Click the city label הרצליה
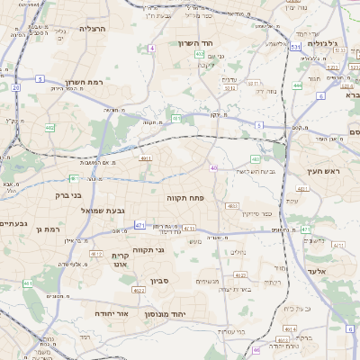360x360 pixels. click(93, 29)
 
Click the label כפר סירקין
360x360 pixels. click(256, 214)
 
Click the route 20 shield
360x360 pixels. click(16, 87)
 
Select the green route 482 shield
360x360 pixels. click(49, 129)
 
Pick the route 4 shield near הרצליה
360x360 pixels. click(152, 48)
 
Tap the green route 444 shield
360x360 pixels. click(297, 85)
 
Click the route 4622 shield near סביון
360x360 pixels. click(139, 291)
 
